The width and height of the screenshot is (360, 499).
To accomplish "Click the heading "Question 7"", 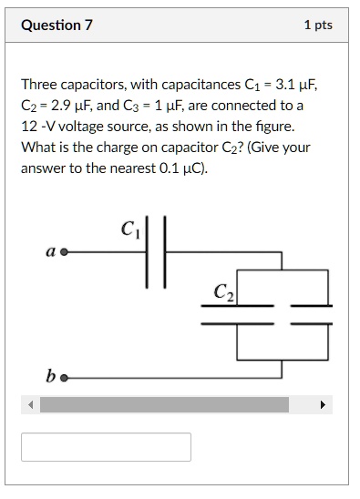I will pos(57,25).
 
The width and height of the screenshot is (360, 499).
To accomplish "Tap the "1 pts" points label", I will pos(318,25).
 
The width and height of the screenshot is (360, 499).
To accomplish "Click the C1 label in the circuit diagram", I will pos(128,229).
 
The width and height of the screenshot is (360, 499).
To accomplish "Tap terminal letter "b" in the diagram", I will pos(53,374).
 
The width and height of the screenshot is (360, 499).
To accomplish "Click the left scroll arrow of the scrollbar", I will pos(31,404).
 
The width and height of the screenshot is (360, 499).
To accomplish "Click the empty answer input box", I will pos(107,446).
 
